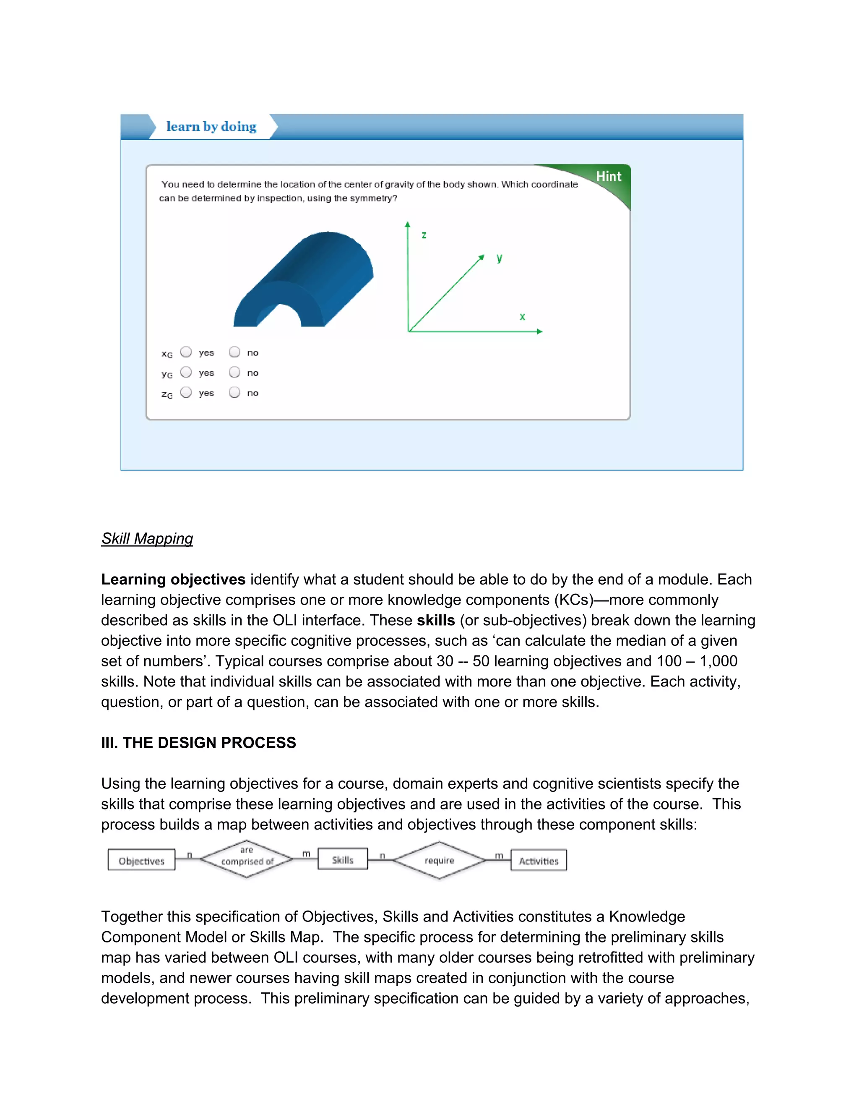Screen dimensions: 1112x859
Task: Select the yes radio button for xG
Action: [186, 352]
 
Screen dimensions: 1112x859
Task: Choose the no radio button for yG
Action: [234, 372]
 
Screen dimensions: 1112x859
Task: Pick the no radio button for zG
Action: [234, 392]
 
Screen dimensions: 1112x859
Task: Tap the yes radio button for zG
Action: [186, 392]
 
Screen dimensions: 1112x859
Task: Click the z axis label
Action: [424, 235]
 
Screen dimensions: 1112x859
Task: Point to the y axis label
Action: [499, 258]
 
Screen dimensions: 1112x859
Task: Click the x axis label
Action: [522, 317]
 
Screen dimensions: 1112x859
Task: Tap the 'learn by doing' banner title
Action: [211, 127]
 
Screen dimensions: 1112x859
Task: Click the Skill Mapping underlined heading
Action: [147, 539]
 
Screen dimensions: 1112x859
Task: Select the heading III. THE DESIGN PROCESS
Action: [198, 743]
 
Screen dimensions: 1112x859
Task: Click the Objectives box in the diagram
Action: [141, 861]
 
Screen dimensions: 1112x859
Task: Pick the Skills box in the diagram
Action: [343, 860]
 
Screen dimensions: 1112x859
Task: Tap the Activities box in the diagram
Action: [539, 861]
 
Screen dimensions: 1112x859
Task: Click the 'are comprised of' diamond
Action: [247, 859]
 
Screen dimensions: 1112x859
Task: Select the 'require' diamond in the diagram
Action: [439, 861]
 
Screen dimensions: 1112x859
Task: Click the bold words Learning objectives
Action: [173, 579]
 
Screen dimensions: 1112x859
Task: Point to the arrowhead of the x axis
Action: [540, 332]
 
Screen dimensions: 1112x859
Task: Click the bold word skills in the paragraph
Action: [436, 620]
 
